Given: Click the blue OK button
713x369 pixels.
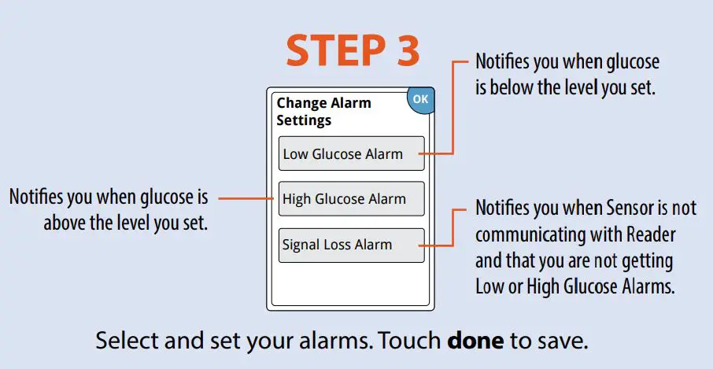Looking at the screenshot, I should [421, 100].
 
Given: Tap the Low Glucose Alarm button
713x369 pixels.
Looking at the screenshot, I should [351, 154].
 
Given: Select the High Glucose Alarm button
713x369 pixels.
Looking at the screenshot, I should [351, 199].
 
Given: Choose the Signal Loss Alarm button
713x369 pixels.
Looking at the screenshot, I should [351, 245].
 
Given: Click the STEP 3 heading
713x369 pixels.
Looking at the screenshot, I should [353, 51].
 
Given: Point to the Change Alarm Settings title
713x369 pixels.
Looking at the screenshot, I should [323, 112].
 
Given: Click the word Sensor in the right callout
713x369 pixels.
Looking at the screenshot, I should [632, 209].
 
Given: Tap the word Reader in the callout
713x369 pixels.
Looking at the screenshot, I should [651, 234].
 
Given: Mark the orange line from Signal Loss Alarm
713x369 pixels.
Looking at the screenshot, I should [453, 228].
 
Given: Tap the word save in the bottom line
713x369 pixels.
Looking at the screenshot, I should [566, 342].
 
